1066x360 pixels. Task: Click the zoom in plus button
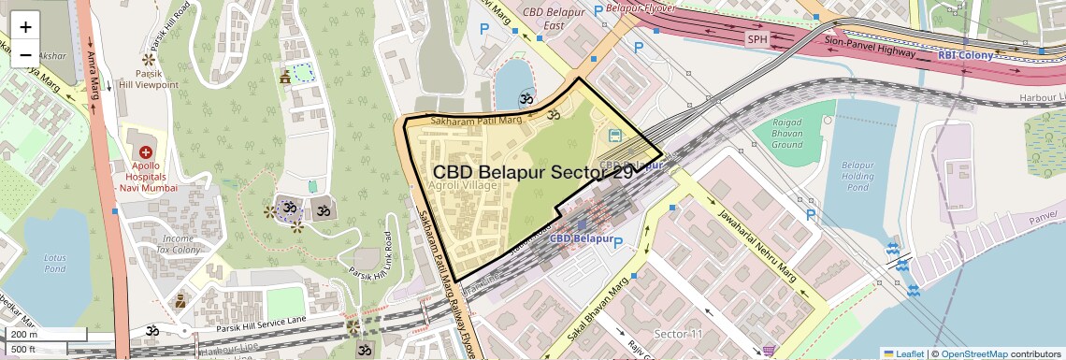coord(25,27)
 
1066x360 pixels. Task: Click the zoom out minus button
coord(25,54)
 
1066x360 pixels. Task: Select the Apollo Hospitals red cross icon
coord(145,151)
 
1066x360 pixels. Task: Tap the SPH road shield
coord(756,39)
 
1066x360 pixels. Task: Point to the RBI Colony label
coord(965,55)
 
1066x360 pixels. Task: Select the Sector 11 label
coord(678,334)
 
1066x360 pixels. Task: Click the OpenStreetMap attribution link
coord(973,353)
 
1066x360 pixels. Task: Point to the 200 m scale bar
coord(45,334)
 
